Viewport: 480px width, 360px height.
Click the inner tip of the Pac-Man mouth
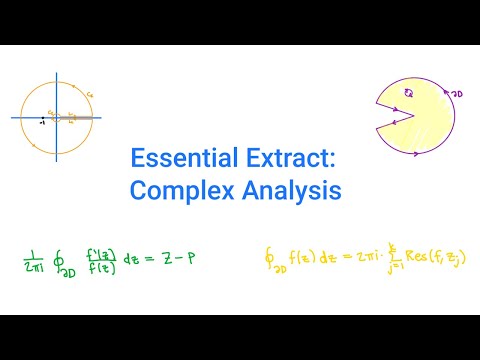point(421,117)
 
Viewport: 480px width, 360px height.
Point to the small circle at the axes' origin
point(57,117)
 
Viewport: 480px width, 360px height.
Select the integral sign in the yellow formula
point(267,258)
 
